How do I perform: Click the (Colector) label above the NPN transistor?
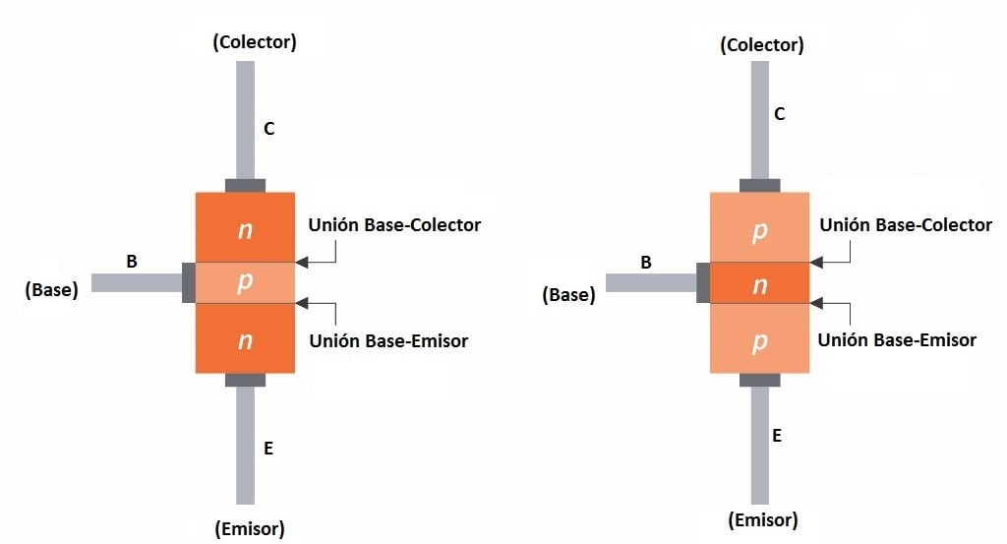coord(254,42)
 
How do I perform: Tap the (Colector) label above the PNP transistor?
coord(761,45)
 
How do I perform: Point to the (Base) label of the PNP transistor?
coord(568,294)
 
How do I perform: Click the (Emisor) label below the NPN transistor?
coord(250,529)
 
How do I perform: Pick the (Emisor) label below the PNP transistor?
coord(762,520)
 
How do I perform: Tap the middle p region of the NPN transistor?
coord(246,282)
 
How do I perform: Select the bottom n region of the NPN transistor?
coord(246,340)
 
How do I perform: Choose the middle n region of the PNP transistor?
coord(759,283)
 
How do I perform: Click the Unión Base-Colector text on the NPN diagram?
coord(394,225)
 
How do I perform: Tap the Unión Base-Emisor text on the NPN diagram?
coord(388,341)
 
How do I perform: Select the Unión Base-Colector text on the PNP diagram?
coord(906,225)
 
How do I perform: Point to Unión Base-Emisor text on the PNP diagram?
coord(898,339)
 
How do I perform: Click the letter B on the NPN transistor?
coord(131,262)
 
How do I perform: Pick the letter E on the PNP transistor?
coord(777,435)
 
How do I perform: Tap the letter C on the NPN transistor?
coord(268,128)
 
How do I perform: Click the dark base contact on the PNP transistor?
coord(703,282)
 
